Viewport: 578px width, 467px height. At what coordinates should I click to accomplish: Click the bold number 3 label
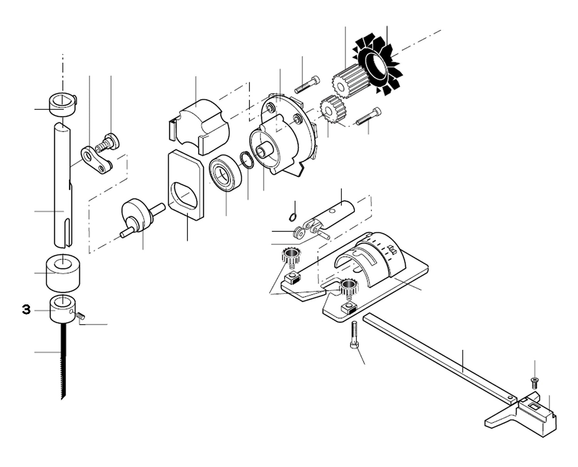(x=26, y=310)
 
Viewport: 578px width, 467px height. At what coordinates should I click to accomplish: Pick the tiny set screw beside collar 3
(x=81, y=316)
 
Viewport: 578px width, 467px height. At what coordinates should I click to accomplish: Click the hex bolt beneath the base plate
(x=355, y=335)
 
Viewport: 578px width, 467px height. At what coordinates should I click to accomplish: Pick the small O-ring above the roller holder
(x=293, y=217)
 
